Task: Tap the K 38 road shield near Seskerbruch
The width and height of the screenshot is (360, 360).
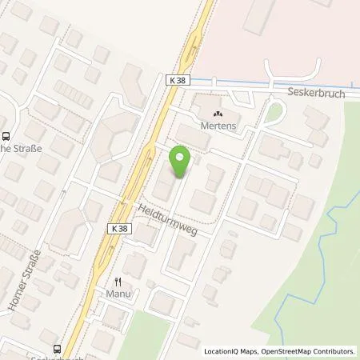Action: tap(178, 80)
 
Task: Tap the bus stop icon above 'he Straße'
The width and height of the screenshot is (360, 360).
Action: tap(6, 136)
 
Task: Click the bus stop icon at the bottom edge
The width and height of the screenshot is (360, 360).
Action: tap(58, 348)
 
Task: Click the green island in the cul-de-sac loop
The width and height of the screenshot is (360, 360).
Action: tap(276, 111)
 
